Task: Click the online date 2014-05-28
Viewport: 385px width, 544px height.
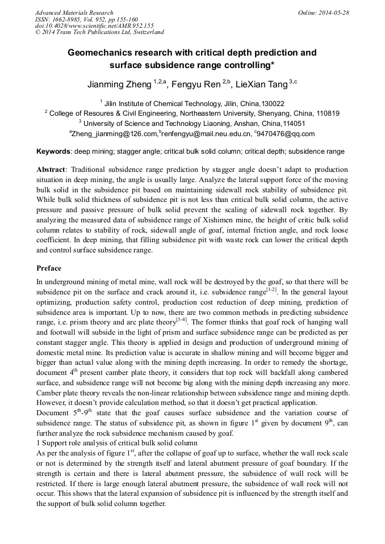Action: click(x=334, y=12)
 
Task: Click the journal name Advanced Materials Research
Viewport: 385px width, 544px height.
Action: click(x=74, y=12)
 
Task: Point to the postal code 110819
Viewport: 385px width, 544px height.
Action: click(x=327, y=113)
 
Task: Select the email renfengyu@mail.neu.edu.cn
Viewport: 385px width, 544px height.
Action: click(x=206, y=134)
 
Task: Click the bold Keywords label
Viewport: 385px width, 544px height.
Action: click(x=53, y=152)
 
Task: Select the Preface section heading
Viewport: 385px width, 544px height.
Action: click(x=49, y=268)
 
